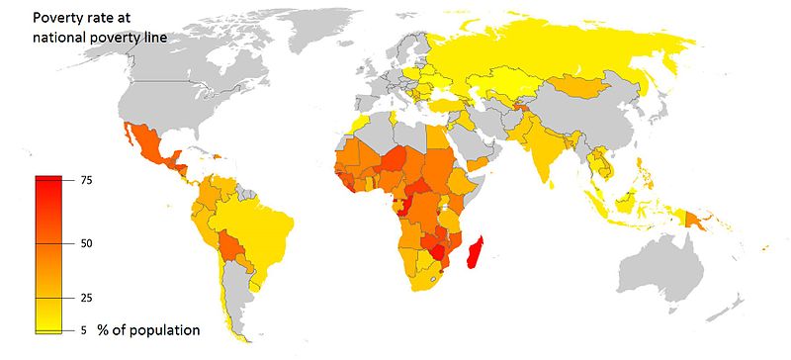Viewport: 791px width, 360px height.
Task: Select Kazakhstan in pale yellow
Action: [x=504, y=84]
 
